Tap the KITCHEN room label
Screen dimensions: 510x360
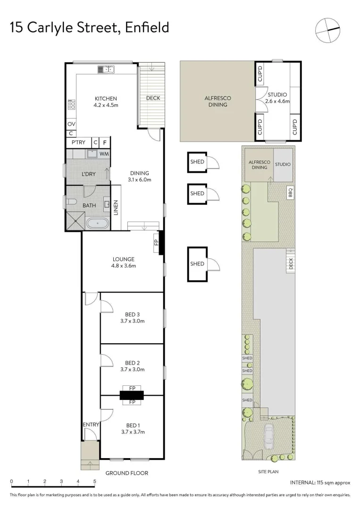click(x=106, y=99)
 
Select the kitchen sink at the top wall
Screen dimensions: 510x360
click(x=106, y=69)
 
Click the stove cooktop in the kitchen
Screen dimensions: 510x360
click(x=72, y=104)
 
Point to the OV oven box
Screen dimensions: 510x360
click(x=71, y=124)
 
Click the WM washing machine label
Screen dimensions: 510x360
click(x=104, y=154)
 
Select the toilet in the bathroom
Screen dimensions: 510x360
click(x=71, y=202)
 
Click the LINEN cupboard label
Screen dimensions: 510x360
click(x=116, y=208)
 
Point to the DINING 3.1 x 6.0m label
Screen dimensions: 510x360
click(x=139, y=176)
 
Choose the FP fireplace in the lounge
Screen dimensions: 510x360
click(x=156, y=242)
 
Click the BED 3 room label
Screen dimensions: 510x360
click(x=132, y=314)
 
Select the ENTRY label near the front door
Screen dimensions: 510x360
click(x=91, y=425)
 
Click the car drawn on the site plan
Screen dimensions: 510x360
click(x=269, y=437)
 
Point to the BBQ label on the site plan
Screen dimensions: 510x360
click(x=291, y=192)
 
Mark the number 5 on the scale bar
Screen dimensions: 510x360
click(x=94, y=481)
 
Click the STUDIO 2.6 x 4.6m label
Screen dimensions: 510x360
click(x=277, y=98)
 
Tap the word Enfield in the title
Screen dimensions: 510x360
click(x=147, y=27)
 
